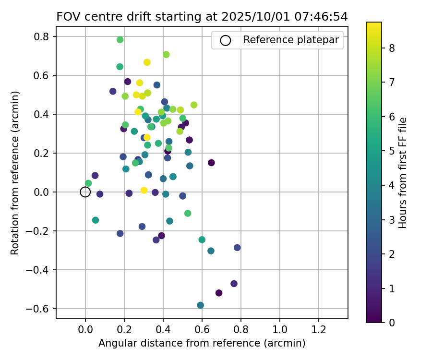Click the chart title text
click(x=202, y=17)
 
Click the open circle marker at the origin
click(x=85, y=192)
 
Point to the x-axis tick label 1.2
click(x=319, y=330)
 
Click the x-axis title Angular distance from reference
click(x=202, y=344)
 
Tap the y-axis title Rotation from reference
click(x=15, y=173)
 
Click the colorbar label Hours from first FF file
click(x=403, y=173)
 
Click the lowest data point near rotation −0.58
click(x=200, y=305)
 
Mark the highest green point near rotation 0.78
click(x=120, y=40)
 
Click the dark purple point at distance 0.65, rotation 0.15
click(x=211, y=163)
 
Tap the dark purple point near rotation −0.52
click(x=219, y=293)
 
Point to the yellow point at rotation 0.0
click(x=144, y=191)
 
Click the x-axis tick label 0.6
click(x=202, y=330)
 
